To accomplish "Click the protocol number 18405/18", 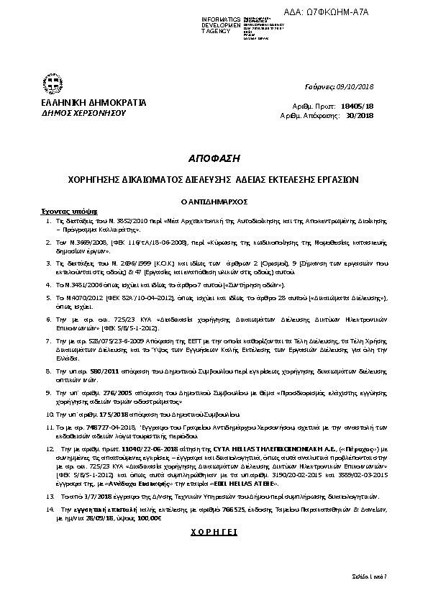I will pos(360,105).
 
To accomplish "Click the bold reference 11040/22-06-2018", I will pos(136,448).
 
